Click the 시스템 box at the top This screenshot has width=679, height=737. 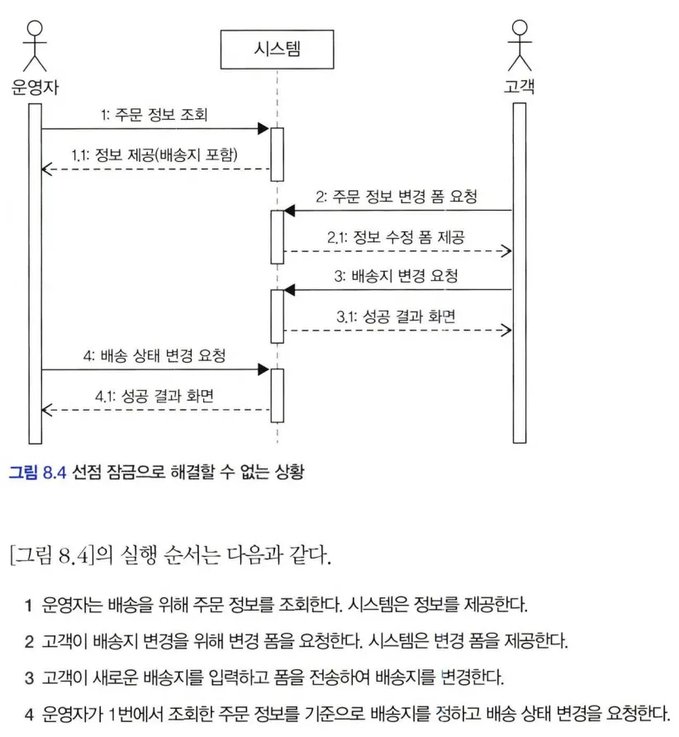click(277, 49)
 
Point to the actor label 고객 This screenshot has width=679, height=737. click(519, 85)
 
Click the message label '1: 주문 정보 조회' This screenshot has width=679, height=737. click(154, 115)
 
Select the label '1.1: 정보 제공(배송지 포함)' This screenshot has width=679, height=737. click(157, 155)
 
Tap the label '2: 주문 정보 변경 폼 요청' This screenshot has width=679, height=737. click(396, 197)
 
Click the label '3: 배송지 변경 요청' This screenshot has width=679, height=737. click(396, 277)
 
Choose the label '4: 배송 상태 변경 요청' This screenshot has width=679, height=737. click(154, 356)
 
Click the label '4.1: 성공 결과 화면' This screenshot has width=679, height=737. click(154, 396)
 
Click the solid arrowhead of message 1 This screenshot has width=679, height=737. click(264, 128)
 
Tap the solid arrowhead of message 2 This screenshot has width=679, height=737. click(290, 211)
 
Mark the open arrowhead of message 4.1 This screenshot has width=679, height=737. click(46, 409)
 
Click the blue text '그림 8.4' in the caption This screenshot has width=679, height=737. click(36, 472)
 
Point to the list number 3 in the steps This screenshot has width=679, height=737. click(29, 678)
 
